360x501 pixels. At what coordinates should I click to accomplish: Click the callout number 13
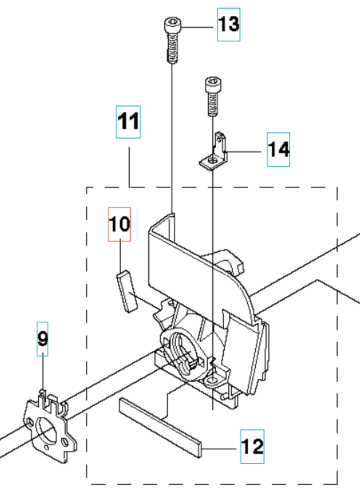229,24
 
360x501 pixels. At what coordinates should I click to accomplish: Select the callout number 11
128,122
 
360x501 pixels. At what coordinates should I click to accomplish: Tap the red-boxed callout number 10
119,224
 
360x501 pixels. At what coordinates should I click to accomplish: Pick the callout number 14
278,150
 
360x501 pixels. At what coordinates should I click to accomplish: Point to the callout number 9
42,339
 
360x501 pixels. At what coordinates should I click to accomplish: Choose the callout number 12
252,447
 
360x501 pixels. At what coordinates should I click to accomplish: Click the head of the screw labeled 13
172,25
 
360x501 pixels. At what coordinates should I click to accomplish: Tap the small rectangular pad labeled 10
127,290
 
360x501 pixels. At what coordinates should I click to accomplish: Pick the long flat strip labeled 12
160,427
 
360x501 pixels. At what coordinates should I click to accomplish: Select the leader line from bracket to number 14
243,151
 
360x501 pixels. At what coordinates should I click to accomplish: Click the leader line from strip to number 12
220,449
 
